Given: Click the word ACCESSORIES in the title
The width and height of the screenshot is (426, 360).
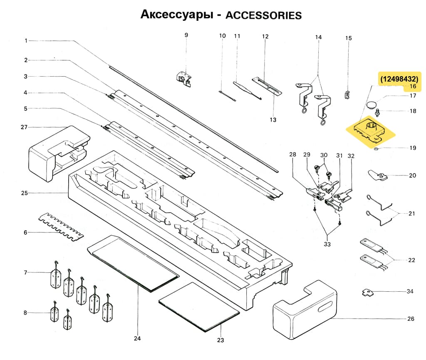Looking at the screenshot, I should tap(263, 15).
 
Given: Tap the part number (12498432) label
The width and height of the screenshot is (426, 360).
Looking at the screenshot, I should tap(399, 78).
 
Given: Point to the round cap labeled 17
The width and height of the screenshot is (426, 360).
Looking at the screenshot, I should tap(372, 103).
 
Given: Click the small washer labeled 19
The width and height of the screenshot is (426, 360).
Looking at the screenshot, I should tap(376, 148).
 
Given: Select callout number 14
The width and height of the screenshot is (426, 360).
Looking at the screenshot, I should tap(318, 37).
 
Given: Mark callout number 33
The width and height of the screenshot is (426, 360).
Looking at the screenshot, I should tap(327, 244).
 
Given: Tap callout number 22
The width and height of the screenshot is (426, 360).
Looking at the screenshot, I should tap(411, 261).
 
